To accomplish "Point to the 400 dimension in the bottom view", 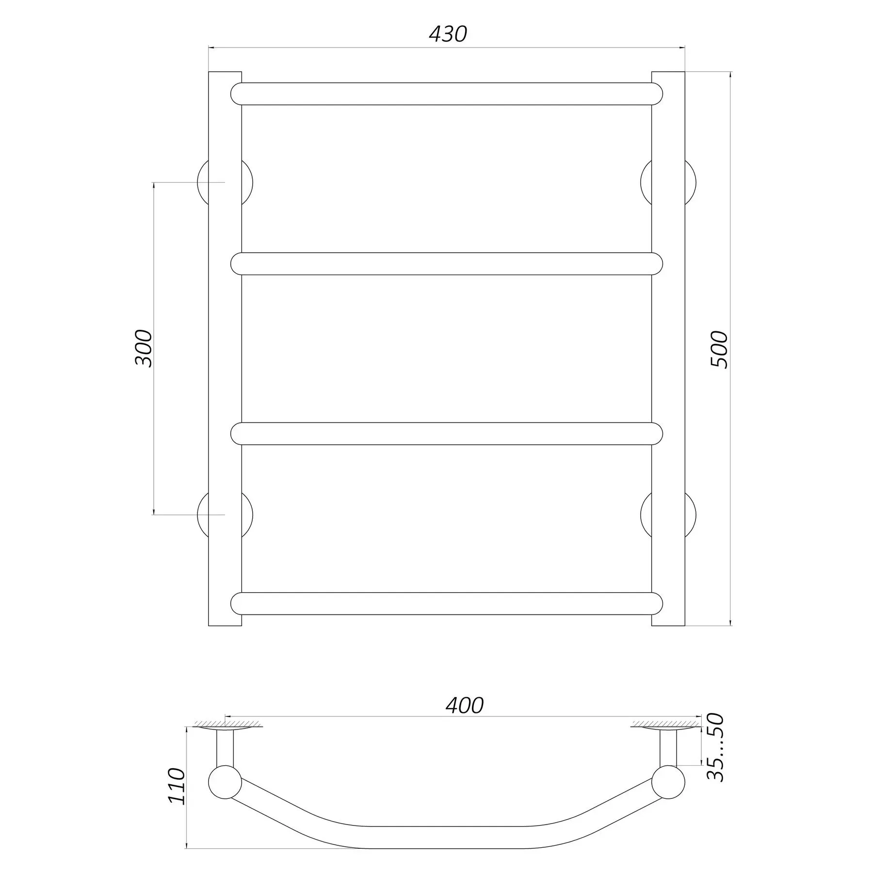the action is pos(465,706).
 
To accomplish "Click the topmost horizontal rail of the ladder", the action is pos(447,94).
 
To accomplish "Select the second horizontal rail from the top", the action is pos(447,264).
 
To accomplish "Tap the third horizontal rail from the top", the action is pos(447,434).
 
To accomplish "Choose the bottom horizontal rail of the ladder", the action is pos(447,603).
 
